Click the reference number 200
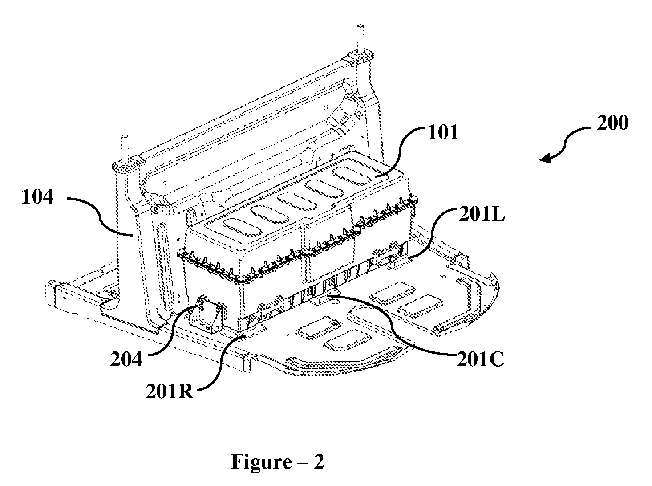click(x=612, y=123)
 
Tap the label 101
click(x=443, y=132)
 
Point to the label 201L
click(x=482, y=214)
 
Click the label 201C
click(x=480, y=359)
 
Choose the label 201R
click(x=170, y=392)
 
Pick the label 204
click(x=126, y=359)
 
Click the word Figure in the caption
click(x=261, y=461)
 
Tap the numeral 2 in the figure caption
click(x=318, y=461)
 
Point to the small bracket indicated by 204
click(x=208, y=314)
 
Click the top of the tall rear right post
click(x=360, y=26)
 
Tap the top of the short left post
click(x=125, y=136)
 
